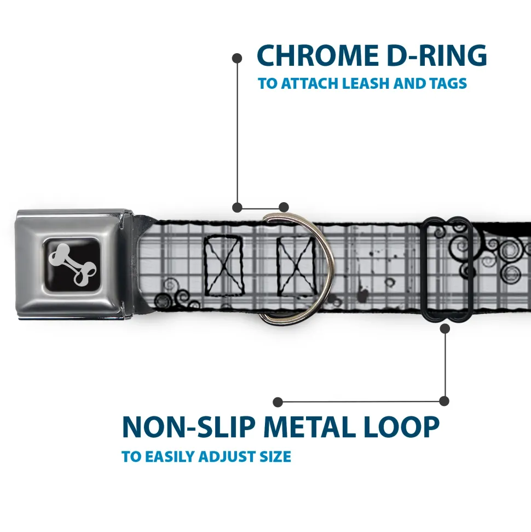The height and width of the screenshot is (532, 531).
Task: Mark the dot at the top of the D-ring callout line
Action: click(x=237, y=57)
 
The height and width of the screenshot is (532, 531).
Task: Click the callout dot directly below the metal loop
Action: click(x=445, y=328)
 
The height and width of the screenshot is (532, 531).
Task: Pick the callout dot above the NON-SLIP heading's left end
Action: click(x=278, y=402)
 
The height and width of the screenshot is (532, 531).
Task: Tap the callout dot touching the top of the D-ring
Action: click(x=283, y=207)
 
